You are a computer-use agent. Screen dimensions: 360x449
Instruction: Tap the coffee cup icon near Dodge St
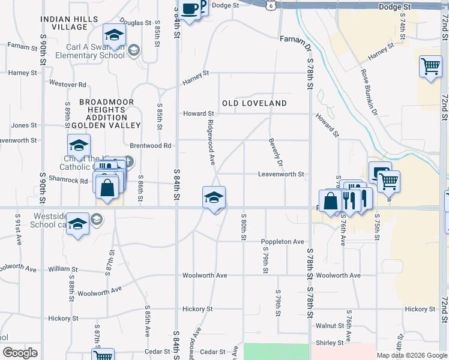coord(190,10)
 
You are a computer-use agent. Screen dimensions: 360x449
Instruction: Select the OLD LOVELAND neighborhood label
coord(255,103)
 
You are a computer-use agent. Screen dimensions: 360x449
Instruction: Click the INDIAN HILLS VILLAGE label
coord(69,23)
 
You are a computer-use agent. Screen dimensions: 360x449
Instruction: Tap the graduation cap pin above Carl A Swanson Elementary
coord(113,35)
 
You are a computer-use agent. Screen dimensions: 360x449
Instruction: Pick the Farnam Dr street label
coord(294,41)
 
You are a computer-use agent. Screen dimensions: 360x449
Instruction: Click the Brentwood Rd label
coord(151,146)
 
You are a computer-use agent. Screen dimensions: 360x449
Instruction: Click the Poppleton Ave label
coord(283,241)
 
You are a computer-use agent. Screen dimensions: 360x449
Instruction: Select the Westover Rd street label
coord(68,84)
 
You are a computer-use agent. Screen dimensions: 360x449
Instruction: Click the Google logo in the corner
coord(20,353)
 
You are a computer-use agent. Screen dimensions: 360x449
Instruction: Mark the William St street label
coord(63,269)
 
